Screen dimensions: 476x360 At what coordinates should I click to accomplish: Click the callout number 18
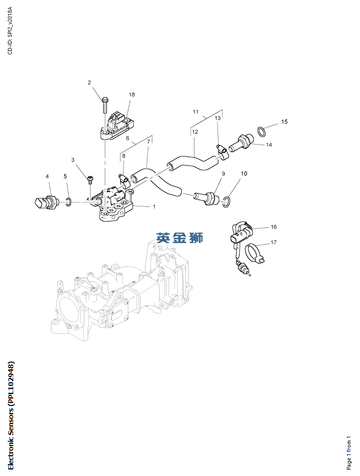[132, 95]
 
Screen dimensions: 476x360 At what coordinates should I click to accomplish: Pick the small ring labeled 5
[69, 201]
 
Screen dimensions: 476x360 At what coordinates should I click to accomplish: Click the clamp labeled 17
[255, 252]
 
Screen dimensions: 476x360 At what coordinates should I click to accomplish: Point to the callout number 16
[274, 227]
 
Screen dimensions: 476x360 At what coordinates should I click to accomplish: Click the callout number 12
[194, 132]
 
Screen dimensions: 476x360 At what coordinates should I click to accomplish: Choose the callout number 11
[195, 112]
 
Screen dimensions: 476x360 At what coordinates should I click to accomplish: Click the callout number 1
[154, 207]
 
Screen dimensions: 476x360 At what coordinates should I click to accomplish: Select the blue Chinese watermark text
[179, 238]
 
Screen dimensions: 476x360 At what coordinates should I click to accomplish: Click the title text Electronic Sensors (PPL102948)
[11, 415]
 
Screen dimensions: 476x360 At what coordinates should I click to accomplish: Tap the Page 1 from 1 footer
[349, 452]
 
